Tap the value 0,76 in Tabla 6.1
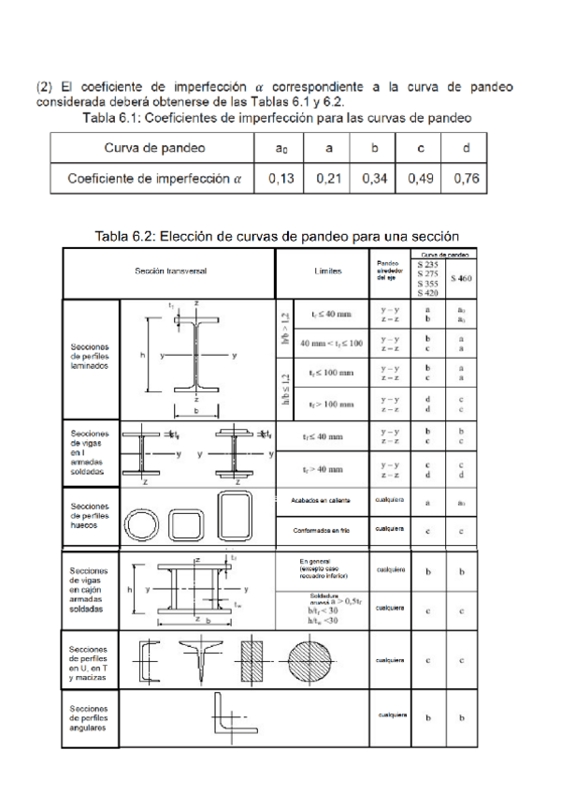coord(465,177)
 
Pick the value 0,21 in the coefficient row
coord(324,177)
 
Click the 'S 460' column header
coord(461,278)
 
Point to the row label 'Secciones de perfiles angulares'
coord(90,718)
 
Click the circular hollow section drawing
coord(145,521)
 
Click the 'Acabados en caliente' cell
coord(323,501)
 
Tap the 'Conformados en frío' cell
coord(323,530)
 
